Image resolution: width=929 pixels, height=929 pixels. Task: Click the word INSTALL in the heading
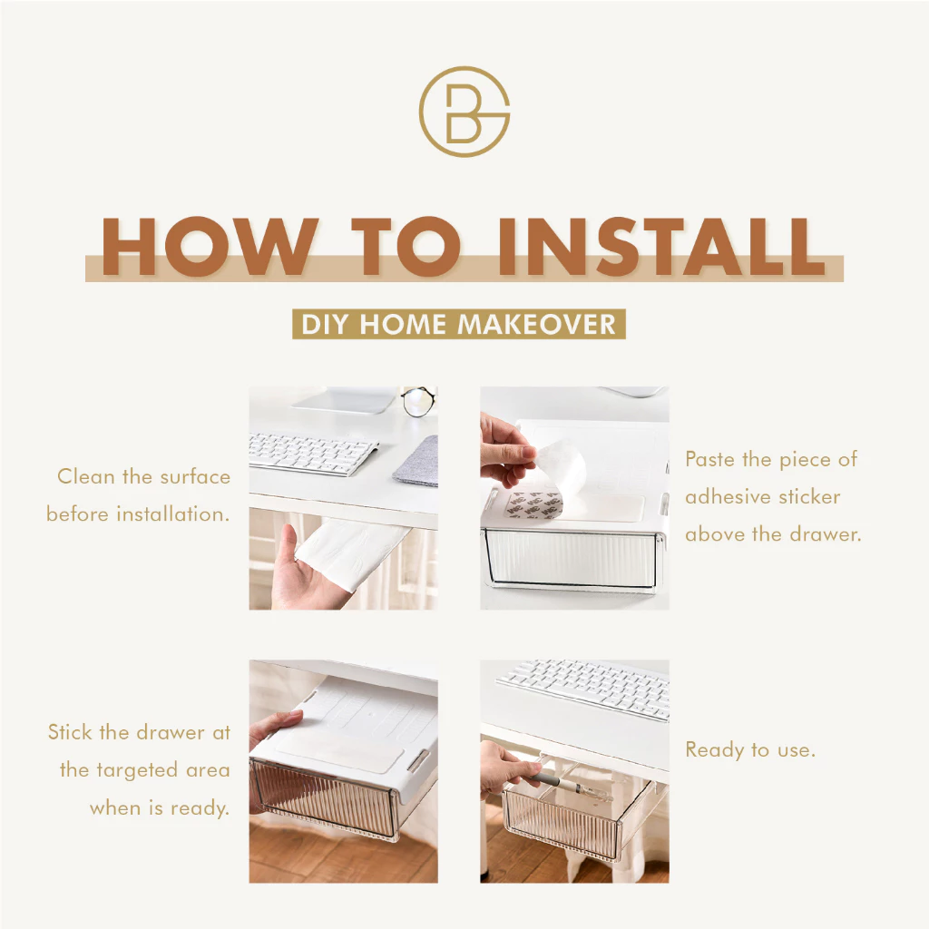pyautogui.click(x=661, y=247)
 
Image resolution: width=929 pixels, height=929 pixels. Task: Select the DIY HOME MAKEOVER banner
pyautogui.click(x=458, y=324)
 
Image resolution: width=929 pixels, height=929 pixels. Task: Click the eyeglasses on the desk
pyautogui.click(x=419, y=400)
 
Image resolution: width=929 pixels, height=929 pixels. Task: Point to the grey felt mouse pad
pyautogui.click(x=417, y=462)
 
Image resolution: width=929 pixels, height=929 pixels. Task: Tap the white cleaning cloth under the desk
pyautogui.click(x=349, y=551)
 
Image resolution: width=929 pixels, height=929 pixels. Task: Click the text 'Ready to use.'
pyautogui.click(x=750, y=750)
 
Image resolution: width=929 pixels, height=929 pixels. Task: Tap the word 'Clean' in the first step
pyautogui.click(x=86, y=476)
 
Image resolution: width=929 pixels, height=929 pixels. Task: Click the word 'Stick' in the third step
pyautogui.click(x=71, y=732)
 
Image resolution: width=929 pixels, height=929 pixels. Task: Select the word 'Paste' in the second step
pyautogui.click(x=710, y=459)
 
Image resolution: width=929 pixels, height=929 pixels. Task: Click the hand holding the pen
pyautogui.click(x=504, y=769)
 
